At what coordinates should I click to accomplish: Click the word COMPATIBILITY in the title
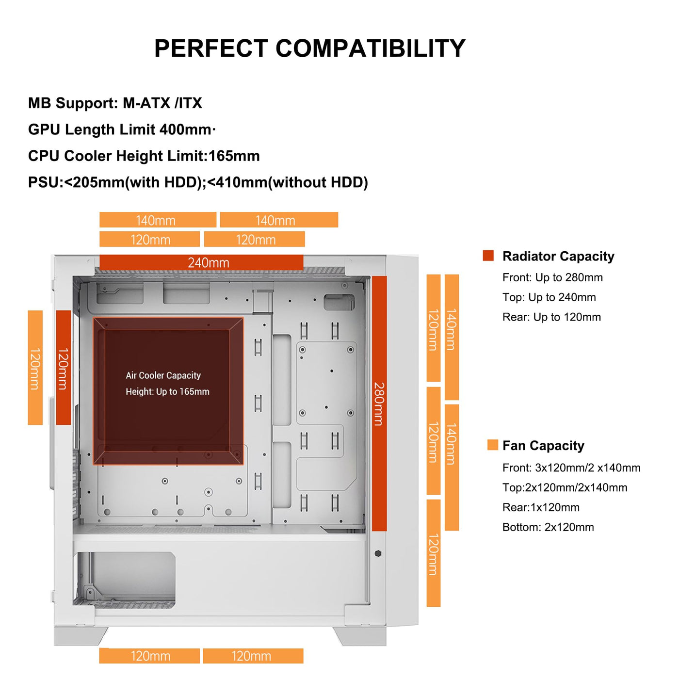[x=371, y=48]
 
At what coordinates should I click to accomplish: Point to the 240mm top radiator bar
[x=201, y=262]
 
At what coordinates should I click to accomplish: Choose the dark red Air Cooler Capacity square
[x=168, y=391]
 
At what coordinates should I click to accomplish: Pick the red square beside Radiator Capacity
[x=488, y=256]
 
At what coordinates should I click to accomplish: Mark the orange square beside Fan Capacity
[x=492, y=445]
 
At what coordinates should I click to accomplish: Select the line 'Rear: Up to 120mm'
[x=551, y=317]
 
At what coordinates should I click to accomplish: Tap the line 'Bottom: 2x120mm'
[x=548, y=527]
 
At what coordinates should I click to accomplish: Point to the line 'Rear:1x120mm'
[x=541, y=507]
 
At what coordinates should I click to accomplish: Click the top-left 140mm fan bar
[x=158, y=220]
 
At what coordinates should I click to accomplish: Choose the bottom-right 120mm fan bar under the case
[x=253, y=656]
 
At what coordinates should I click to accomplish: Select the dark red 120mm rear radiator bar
[x=64, y=368]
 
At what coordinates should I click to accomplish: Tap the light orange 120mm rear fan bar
[x=35, y=368]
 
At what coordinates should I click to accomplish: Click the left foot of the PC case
[x=80, y=636]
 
